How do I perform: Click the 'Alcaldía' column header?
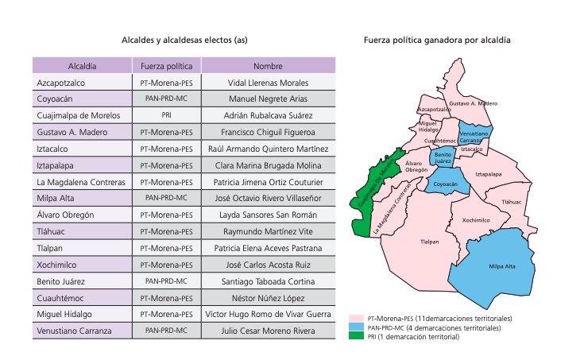83,66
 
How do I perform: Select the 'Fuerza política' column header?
167,66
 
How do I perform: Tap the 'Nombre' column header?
268,66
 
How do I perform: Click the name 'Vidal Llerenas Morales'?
268,83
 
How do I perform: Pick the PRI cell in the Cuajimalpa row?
167,116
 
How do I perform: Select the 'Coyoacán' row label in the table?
55,99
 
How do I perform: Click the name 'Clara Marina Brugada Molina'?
268,165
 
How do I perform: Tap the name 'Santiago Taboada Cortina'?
268,281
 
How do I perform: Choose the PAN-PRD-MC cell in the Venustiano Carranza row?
167,331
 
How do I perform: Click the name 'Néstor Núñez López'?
268,298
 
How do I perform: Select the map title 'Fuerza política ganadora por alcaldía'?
437,39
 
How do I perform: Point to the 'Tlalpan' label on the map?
429,242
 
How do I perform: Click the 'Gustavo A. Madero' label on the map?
474,103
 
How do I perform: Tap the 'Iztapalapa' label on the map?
487,173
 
